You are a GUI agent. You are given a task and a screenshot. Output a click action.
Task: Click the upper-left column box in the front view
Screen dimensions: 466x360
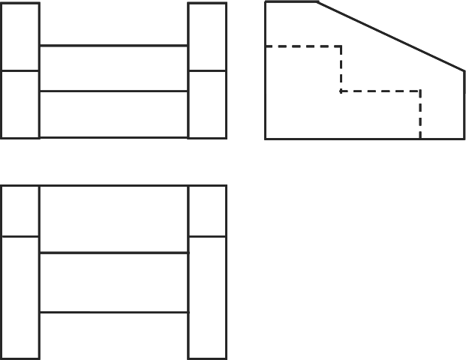click(20, 37)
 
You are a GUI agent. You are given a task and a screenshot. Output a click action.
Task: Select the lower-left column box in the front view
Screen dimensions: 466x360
click(20, 104)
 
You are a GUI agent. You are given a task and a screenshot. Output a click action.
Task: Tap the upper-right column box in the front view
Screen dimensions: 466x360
click(207, 37)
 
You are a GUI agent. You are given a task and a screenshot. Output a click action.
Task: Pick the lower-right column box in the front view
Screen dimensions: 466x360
click(207, 104)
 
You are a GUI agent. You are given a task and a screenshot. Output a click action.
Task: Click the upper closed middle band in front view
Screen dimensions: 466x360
click(113, 68)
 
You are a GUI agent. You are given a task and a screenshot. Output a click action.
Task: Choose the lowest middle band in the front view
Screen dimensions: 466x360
click(113, 114)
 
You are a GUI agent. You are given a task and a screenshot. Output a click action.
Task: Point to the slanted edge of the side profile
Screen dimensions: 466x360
click(390, 37)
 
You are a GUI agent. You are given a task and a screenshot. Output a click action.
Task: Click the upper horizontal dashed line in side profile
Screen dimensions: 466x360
click(303, 46)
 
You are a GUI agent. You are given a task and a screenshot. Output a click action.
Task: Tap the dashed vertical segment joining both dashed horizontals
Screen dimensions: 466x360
click(341, 69)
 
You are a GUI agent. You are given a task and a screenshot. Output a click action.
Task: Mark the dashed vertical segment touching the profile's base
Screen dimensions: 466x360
click(420, 115)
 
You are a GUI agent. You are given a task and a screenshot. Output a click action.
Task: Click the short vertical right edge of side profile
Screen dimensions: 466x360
click(464, 105)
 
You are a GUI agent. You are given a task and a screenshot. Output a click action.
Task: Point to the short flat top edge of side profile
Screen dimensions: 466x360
click(291, 2)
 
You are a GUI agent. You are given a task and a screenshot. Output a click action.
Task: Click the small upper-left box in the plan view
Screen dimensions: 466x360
click(20, 211)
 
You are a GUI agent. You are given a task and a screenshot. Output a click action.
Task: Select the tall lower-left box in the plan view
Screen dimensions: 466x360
click(20, 297)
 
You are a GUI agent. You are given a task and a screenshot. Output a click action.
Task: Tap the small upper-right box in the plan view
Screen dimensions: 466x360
click(207, 211)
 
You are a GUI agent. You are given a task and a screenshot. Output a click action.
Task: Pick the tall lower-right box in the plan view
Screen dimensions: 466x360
click(207, 297)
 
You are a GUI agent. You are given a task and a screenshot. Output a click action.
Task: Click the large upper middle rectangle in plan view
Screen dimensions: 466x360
click(113, 219)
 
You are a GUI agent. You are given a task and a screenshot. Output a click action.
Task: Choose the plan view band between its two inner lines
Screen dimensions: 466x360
click(113, 283)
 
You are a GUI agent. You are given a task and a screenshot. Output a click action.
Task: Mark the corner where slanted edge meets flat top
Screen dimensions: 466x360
click(317, 2)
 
